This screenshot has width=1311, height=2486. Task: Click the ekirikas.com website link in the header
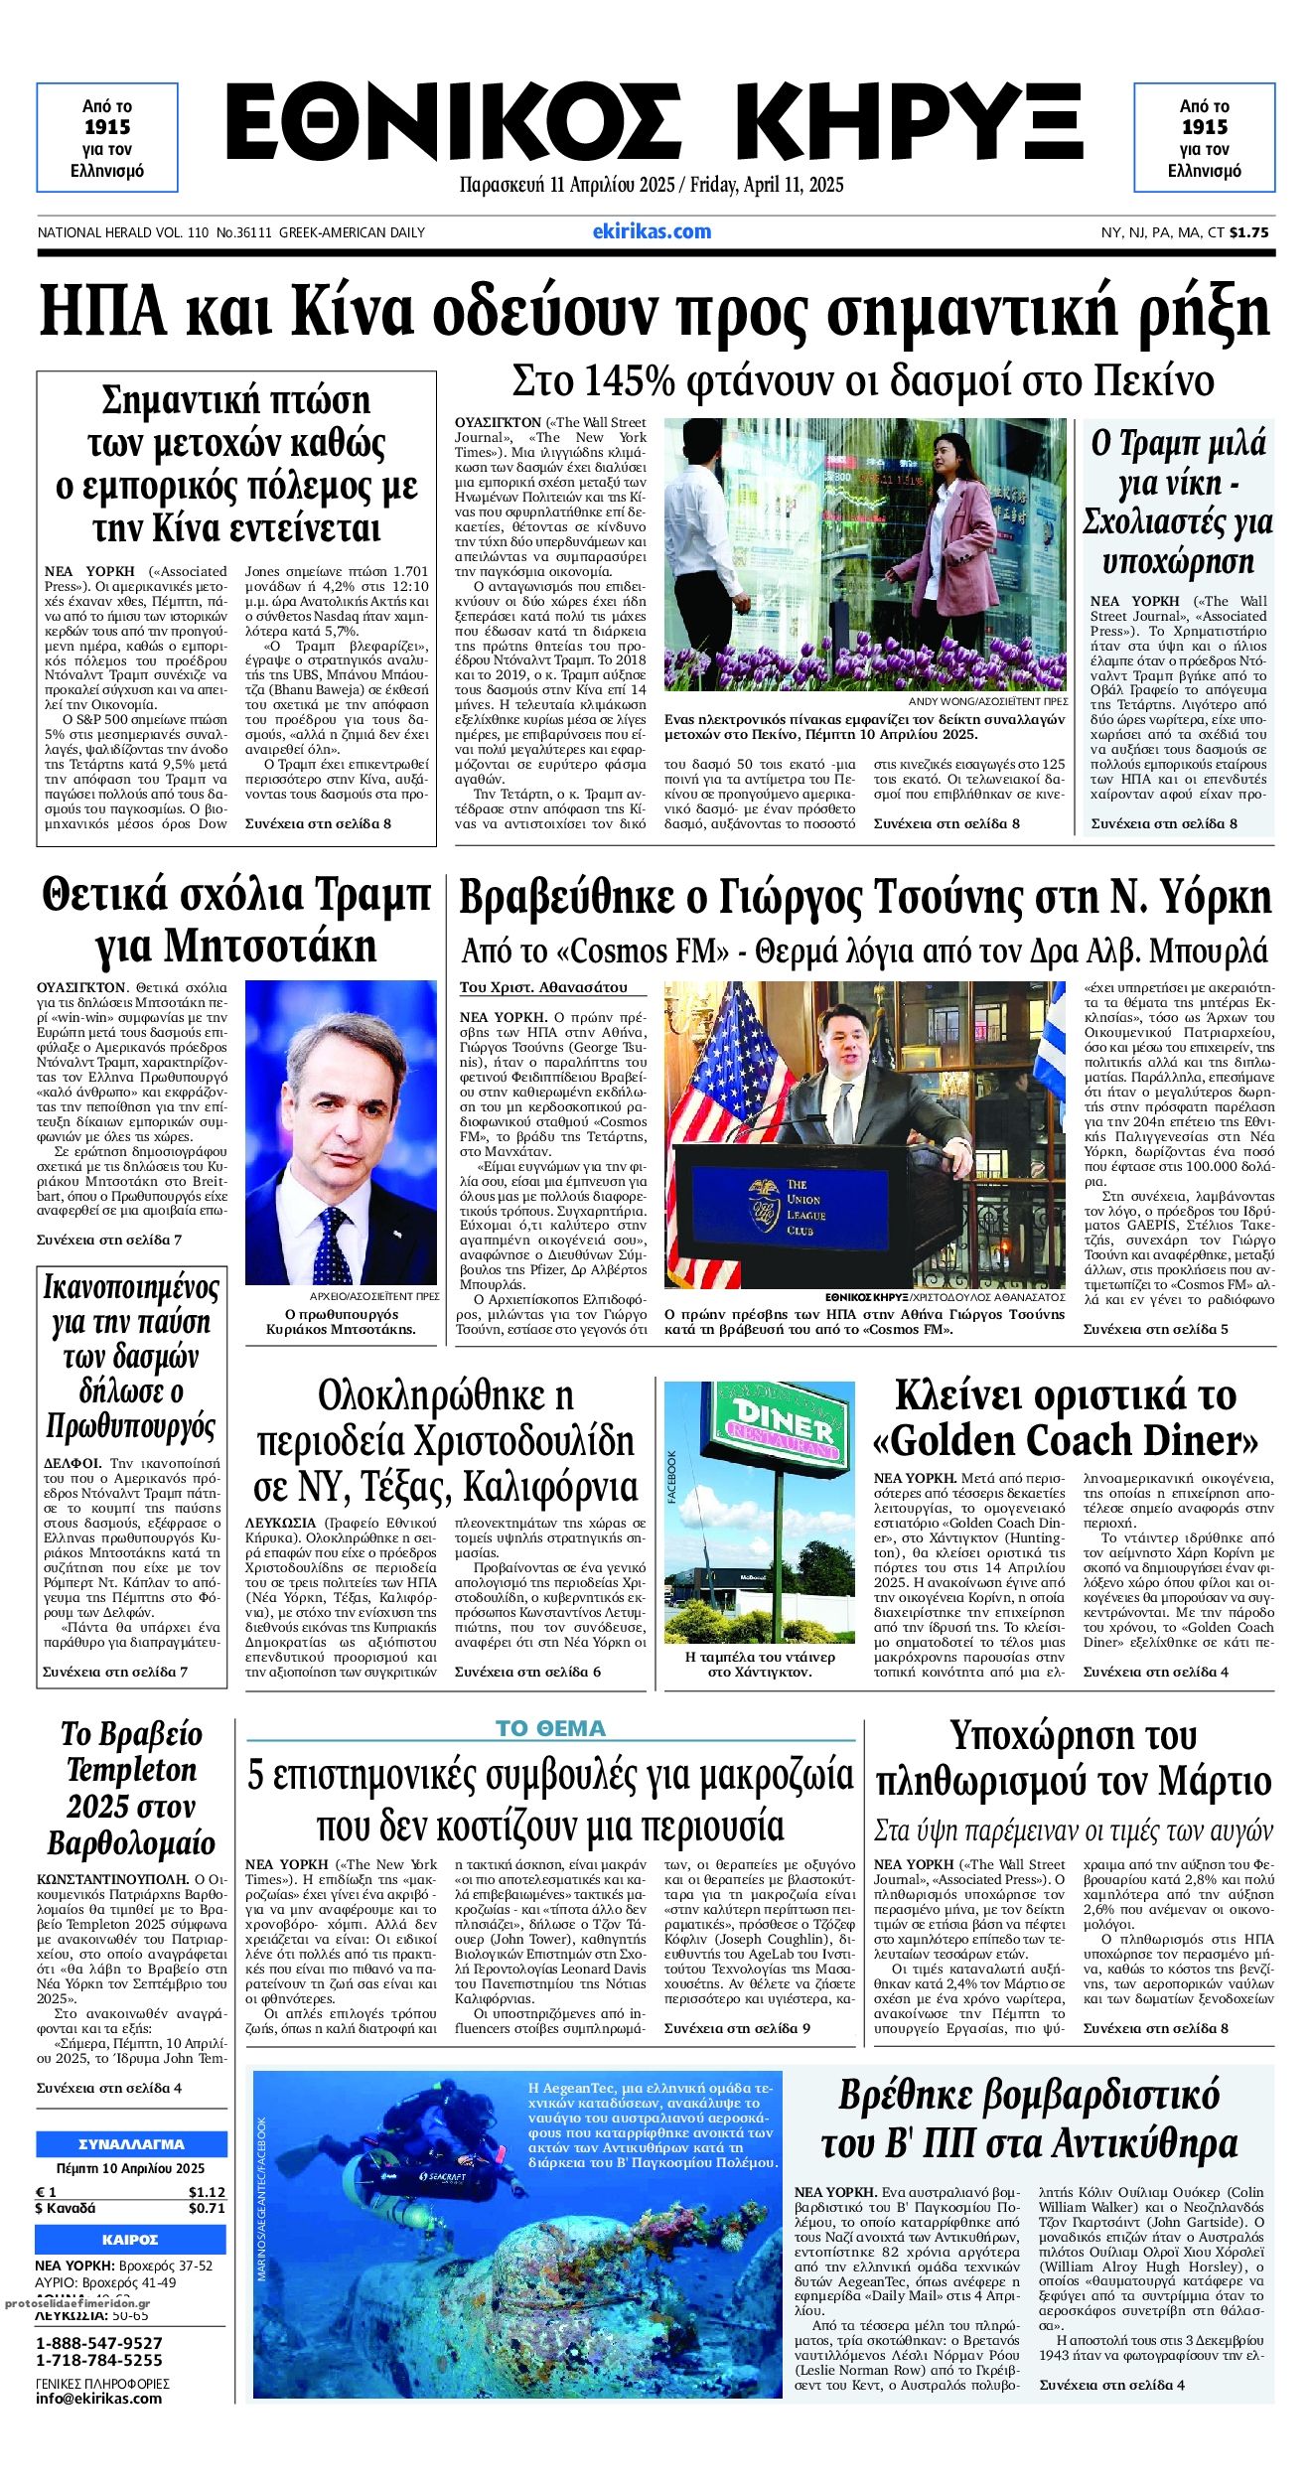click(652, 231)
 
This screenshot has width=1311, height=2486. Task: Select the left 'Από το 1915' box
click(107, 137)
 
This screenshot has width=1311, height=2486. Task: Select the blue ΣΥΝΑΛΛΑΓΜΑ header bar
click(131, 2143)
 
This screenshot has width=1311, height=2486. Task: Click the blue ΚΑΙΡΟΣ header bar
click(131, 2240)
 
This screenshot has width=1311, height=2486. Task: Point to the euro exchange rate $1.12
click(207, 2192)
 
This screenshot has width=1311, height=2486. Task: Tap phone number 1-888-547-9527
click(98, 2344)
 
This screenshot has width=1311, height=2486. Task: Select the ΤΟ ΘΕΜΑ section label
click(550, 1728)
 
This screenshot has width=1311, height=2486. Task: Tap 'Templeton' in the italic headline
click(131, 1770)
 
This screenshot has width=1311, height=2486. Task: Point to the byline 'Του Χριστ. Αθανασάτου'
click(543, 987)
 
